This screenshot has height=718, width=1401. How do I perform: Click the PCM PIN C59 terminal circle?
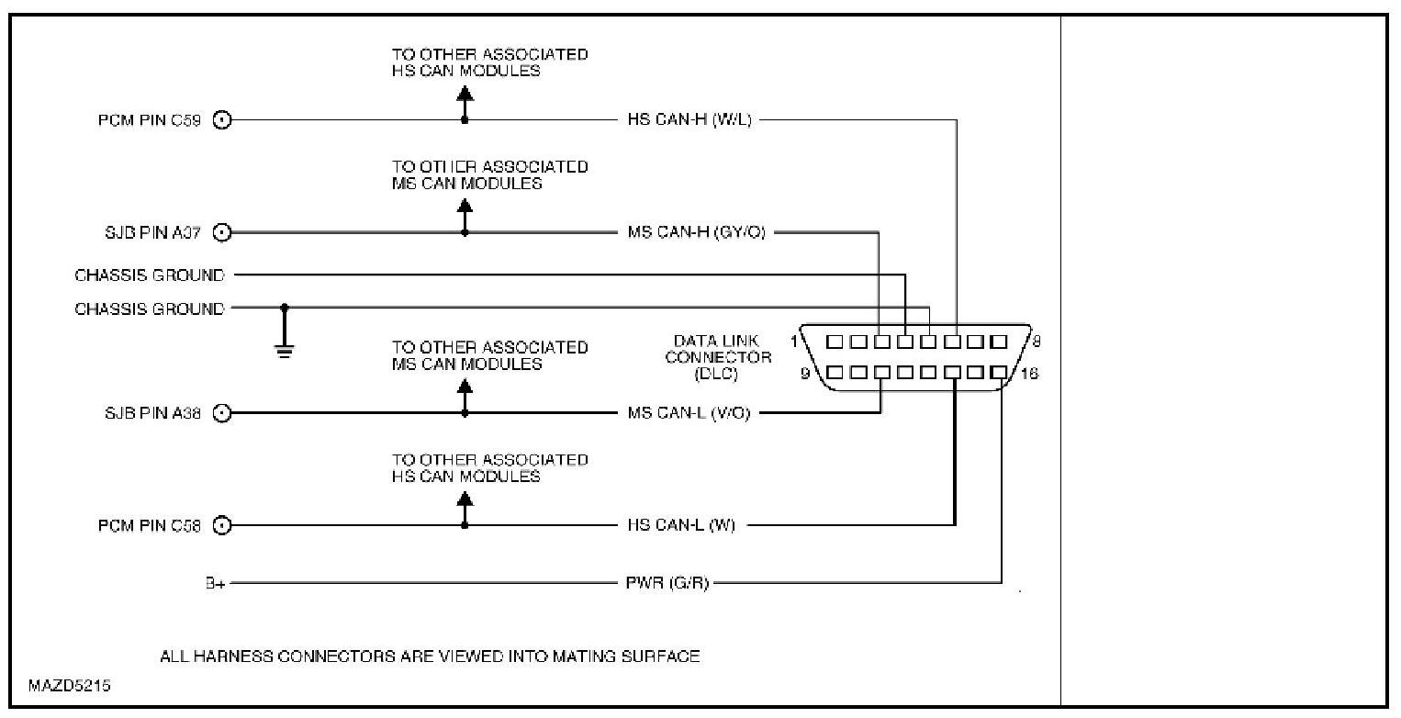tap(221, 120)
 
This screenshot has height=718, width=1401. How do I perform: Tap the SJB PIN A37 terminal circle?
tap(221, 233)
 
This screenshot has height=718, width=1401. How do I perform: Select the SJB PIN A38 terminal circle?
tap(221, 414)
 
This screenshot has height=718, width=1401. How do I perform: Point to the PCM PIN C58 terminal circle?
tap(221, 526)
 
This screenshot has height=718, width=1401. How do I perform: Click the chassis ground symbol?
tap(285, 350)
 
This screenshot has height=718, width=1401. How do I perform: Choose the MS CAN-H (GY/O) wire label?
tap(696, 233)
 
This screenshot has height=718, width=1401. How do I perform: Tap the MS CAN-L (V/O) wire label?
tap(689, 414)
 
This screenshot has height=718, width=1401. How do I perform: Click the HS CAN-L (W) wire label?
tap(681, 526)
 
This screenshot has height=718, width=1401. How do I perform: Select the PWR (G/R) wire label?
tap(667, 583)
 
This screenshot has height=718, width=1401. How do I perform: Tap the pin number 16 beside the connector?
tap(1028, 374)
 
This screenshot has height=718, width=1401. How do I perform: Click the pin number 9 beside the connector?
tap(805, 374)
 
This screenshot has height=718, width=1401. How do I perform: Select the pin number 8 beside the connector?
tap(1036, 341)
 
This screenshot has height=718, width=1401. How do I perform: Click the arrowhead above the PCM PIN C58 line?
tap(465, 499)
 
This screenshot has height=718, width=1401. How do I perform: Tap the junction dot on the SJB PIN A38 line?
tap(465, 414)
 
